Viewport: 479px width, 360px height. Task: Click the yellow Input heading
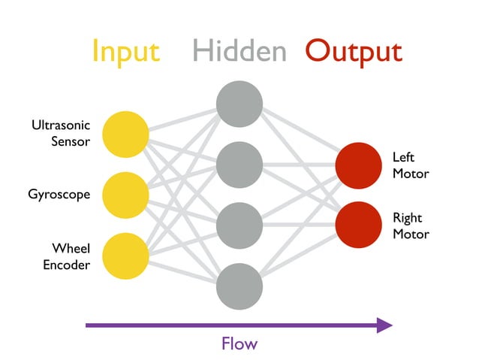(125, 51)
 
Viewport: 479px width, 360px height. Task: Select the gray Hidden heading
(239, 51)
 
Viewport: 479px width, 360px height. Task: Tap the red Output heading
(354, 51)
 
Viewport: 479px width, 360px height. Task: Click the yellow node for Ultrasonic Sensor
(125, 134)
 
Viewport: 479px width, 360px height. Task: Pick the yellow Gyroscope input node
(125, 195)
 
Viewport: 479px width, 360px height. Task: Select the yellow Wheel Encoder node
(125, 255)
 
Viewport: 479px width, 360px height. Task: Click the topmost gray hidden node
(239, 104)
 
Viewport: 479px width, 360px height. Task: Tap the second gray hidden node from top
(239, 165)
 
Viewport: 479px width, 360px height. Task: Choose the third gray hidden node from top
(239, 225)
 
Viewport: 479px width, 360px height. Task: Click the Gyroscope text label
(59, 195)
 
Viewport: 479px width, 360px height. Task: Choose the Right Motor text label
(411, 225)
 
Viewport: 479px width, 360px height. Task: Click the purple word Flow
(239, 344)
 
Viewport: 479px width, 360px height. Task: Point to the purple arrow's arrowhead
(384, 325)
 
